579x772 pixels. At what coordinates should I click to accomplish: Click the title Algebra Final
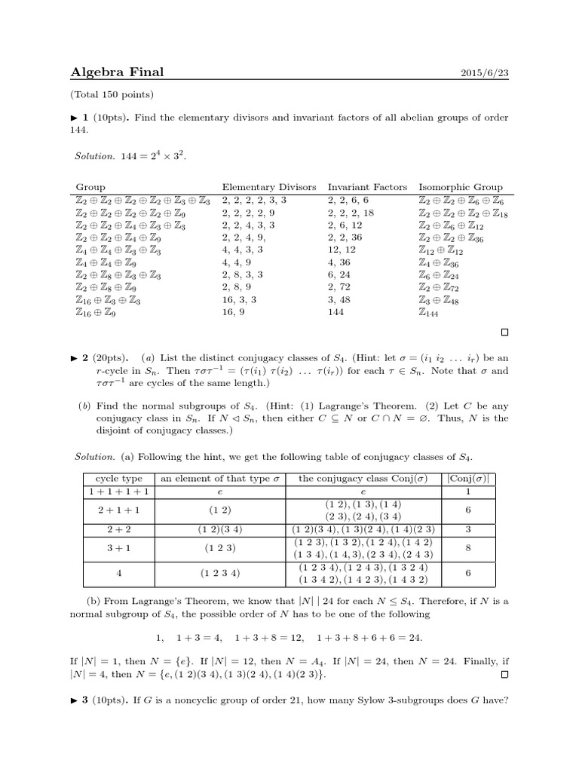click(x=117, y=72)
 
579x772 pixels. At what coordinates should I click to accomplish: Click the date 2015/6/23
click(x=483, y=73)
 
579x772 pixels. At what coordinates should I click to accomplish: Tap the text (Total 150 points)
click(x=112, y=94)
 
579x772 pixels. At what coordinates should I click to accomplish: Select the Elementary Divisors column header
click(x=269, y=187)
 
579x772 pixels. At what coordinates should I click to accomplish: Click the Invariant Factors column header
click(x=367, y=187)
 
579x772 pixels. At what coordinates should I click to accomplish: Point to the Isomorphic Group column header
click(x=461, y=187)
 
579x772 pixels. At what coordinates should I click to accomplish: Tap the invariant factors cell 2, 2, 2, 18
click(x=351, y=213)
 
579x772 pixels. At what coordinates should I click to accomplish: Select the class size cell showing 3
click(x=468, y=527)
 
